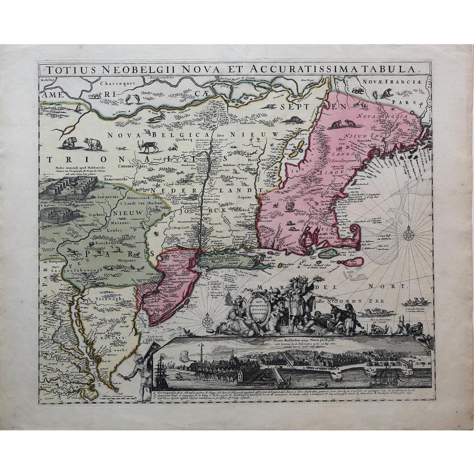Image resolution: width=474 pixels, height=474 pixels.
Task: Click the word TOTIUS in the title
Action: coord(68,69)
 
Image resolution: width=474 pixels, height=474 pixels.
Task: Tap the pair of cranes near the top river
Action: coord(133,99)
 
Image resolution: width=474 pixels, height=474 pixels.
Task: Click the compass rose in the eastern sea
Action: coord(409,234)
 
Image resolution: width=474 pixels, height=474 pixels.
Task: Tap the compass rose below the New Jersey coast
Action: coord(207,322)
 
